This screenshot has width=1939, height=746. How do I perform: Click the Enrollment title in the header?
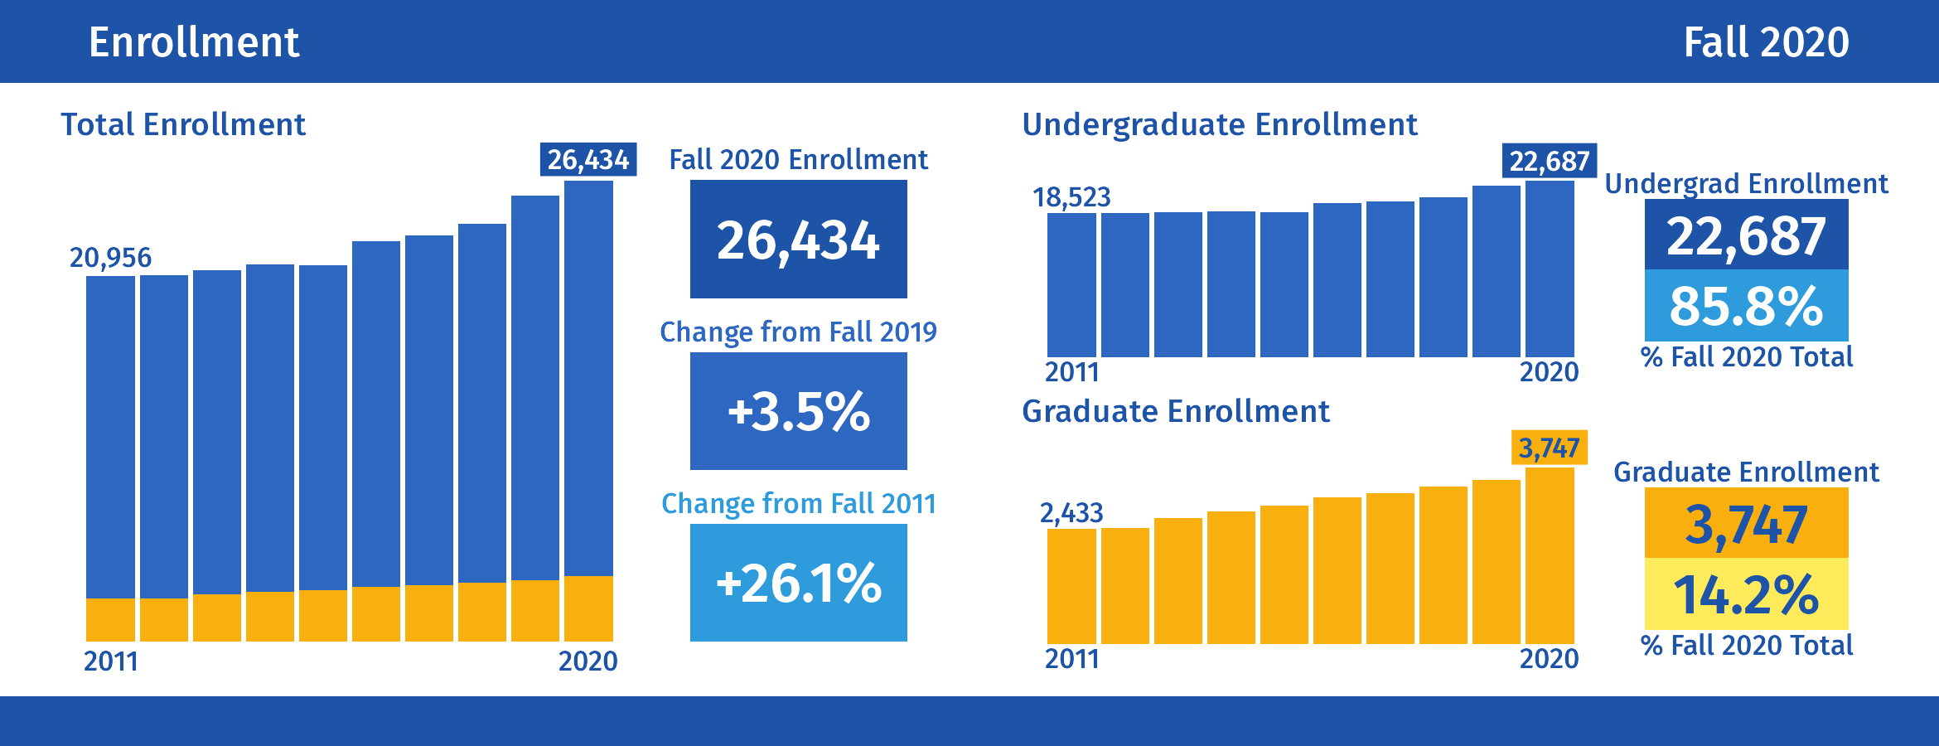click(194, 42)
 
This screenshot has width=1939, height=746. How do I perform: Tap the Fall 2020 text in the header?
click(1766, 42)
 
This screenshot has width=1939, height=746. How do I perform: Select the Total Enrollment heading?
click(183, 124)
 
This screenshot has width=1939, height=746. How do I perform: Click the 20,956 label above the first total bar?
click(110, 258)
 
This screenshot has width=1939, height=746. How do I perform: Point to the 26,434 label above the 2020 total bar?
click(588, 159)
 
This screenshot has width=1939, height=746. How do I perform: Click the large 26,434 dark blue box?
click(798, 240)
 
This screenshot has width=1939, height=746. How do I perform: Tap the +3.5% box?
click(798, 411)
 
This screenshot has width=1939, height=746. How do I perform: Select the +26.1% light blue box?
click(798, 583)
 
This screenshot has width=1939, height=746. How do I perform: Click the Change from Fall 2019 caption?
click(798, 332)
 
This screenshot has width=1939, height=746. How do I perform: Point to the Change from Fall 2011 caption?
click(798, 503)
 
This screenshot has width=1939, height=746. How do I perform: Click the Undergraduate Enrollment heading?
click(1219, 124)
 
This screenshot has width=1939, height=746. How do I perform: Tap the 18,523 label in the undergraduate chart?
click(1071, 197)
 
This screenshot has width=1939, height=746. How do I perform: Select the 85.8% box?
click(1746, 305)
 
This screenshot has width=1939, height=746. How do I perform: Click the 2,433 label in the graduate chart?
click(1071, 513)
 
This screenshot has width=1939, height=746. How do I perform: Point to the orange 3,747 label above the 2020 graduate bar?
click(1549, 448)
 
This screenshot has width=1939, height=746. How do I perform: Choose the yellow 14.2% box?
click(1746, 593)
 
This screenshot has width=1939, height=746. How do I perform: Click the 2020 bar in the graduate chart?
click(1550, 555)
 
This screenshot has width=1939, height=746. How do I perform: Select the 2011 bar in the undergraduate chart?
click(1071, 285)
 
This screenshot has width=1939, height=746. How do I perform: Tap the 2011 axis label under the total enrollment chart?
click(111, 661)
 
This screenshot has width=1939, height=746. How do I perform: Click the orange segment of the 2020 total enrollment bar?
click(588, 608)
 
